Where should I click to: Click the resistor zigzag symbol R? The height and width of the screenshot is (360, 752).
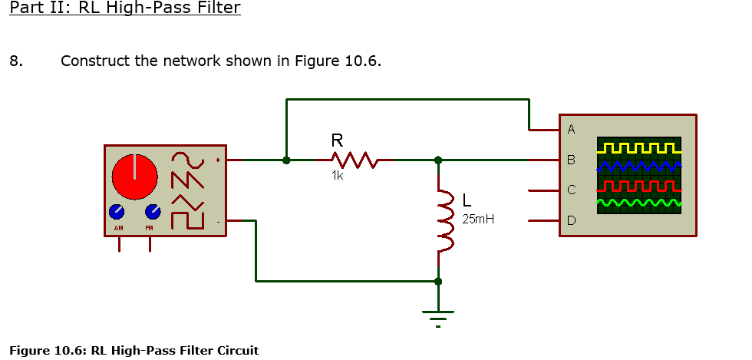coord(354,160)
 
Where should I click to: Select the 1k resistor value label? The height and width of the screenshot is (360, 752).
coord(338,176)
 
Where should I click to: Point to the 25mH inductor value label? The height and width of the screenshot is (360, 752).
coord(478,220)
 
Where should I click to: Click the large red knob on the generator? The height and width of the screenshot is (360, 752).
coord(135,176)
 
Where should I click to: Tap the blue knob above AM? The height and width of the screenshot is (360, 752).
coord(117,212)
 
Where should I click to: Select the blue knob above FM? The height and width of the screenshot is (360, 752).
coord(153,212)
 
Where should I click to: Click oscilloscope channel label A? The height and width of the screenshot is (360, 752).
coord(570,129)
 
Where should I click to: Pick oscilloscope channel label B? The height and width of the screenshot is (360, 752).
coord(570,160)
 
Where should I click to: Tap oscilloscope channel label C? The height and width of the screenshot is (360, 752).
coord(570,190)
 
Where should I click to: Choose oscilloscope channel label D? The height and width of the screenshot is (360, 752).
coord(570,221)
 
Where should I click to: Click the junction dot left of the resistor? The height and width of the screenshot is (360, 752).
coord(286,160)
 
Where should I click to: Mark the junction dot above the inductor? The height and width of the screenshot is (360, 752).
coord(438,160)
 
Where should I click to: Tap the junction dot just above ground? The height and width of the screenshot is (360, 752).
coord(438,282)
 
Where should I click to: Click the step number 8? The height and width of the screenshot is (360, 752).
coord(15,61)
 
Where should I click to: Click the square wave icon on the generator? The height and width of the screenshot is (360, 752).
coord(188,220)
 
